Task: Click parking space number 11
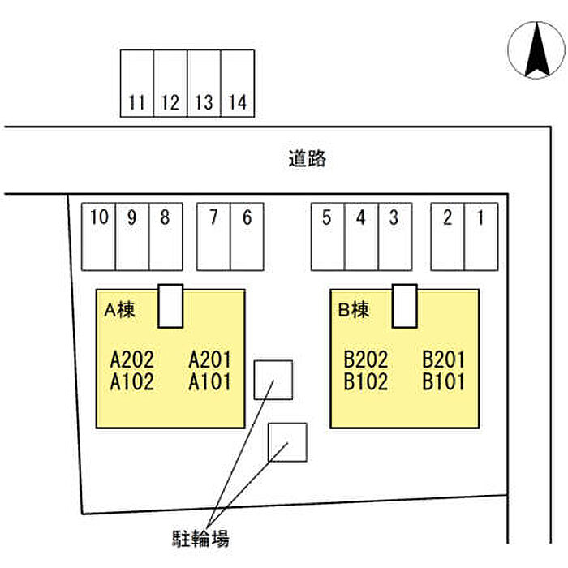(x=137, y=84)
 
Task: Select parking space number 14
(x=238, y=84)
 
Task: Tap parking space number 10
(x=99, y=235)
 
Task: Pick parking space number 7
(x=213, y=235)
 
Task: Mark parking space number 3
(x=394, y=235)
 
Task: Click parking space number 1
(x=480, y=235)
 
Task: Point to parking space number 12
(x=170, y=84)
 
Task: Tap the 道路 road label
(x=307, y=159)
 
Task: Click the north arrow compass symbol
(x=536, y=51)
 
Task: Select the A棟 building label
(x=118, y=308)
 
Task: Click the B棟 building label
(x=353, y=308)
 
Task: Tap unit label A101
(x=210, y=382)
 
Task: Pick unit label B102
(x=366, y=382)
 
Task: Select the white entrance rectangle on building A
(x=170, y=305)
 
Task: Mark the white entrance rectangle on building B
(x=404, y=305)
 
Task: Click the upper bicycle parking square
(x=273, y=379)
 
